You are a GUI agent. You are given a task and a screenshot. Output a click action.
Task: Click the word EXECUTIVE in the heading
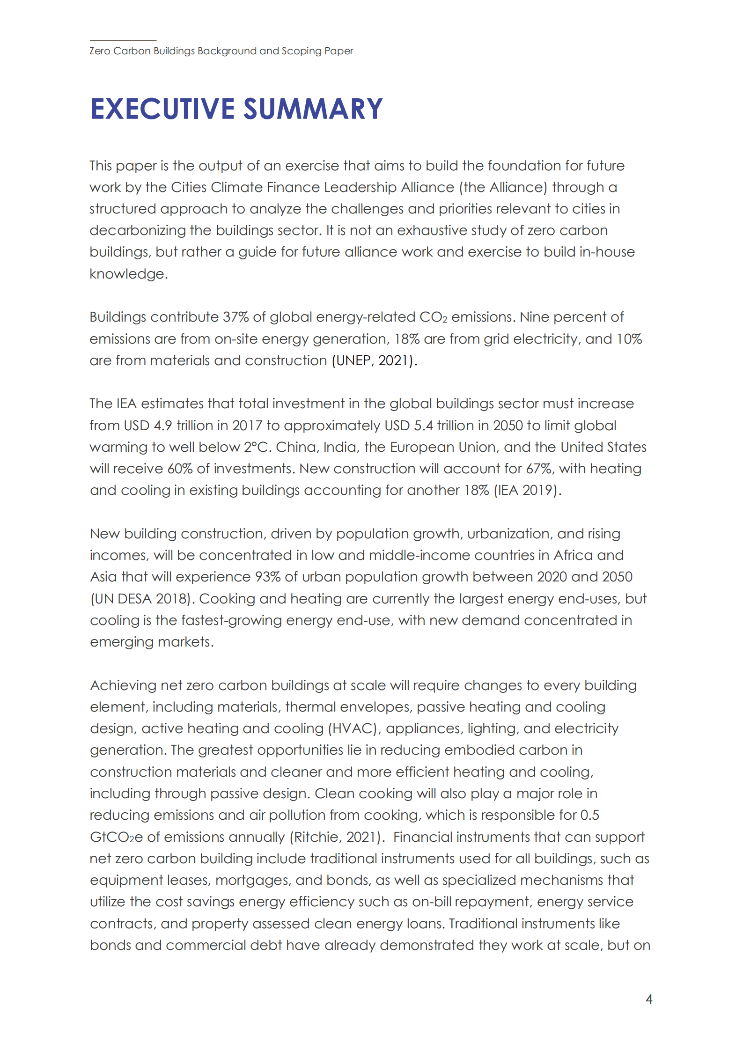point(162,109)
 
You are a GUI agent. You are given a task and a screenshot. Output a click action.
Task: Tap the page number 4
point(648,999)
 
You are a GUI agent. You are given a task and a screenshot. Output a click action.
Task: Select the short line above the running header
point(123,40)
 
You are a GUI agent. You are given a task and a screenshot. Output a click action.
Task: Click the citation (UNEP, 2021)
point(374,361)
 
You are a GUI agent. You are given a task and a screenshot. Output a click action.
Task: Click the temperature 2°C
point(257,448)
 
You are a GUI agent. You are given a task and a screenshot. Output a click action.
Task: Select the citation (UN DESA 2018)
point(142,599)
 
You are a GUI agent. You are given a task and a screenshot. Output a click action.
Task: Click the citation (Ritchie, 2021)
point(337,838)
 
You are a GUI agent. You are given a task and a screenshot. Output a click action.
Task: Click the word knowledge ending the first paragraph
point(127,274)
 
